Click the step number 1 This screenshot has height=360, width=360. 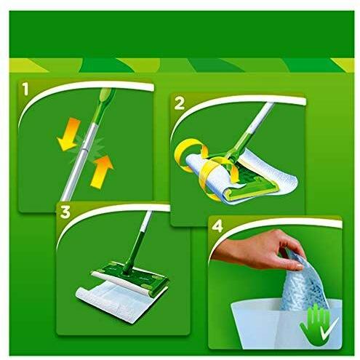click(25, 89)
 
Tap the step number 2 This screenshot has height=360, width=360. click(180, 103)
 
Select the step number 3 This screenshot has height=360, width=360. click(65, 212)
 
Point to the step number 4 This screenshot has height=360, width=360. click(217, 227)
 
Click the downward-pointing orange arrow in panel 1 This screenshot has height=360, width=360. click(68, 135)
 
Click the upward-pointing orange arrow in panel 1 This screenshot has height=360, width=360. click(102, 172)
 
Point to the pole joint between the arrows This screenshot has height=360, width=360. click(85, 148)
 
